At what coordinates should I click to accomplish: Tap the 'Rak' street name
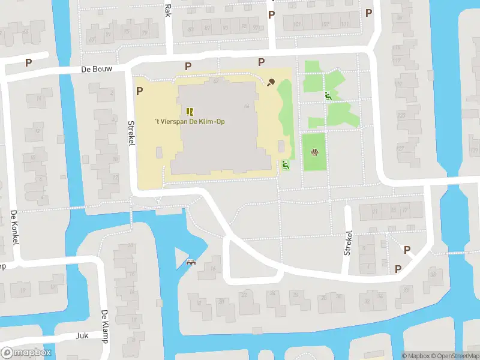(167, 8)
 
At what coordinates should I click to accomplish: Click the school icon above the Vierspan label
(190, 111)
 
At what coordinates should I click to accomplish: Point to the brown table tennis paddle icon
(271, 82)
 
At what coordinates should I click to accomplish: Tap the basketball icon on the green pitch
(314, 152)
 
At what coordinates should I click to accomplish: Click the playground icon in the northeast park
(328, 96)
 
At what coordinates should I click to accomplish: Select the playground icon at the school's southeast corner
(286, 165)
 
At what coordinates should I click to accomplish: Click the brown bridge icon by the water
(192, 262)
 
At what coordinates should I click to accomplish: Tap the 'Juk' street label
(82, 336)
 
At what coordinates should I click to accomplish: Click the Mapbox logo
(26, 353)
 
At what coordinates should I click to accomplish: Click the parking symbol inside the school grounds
(140, 91)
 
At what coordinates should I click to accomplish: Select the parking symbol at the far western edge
(28, 62)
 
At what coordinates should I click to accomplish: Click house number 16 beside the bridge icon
(213, 268)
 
